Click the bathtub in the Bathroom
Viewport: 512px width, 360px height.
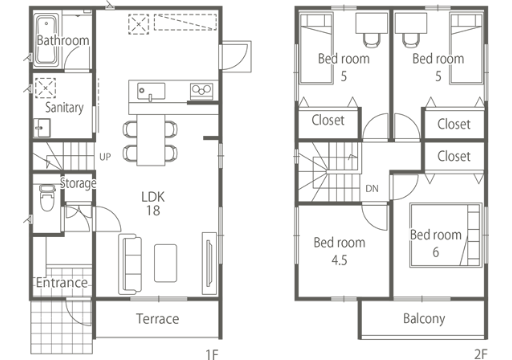47,40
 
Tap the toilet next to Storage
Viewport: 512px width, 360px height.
47,197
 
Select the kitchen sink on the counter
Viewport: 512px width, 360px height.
151,91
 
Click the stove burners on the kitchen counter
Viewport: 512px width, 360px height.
202,91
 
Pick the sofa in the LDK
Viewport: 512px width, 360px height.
130,264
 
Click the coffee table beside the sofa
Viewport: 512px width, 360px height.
166,263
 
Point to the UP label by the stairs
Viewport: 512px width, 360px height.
105,157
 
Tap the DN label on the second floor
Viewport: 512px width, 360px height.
372,189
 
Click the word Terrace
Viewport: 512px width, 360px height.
158,319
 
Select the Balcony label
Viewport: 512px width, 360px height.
424,319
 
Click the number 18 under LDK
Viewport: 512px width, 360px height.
153,210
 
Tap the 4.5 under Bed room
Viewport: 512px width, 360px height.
339,260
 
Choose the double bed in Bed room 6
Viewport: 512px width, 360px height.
446,235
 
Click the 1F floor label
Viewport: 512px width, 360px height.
212,354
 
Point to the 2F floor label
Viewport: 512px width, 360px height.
481,354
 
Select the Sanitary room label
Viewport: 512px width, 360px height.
64,108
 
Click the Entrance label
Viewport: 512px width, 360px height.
62,283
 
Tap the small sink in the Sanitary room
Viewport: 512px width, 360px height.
42,128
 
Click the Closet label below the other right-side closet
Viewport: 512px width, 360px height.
454,156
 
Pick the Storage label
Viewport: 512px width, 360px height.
78,183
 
